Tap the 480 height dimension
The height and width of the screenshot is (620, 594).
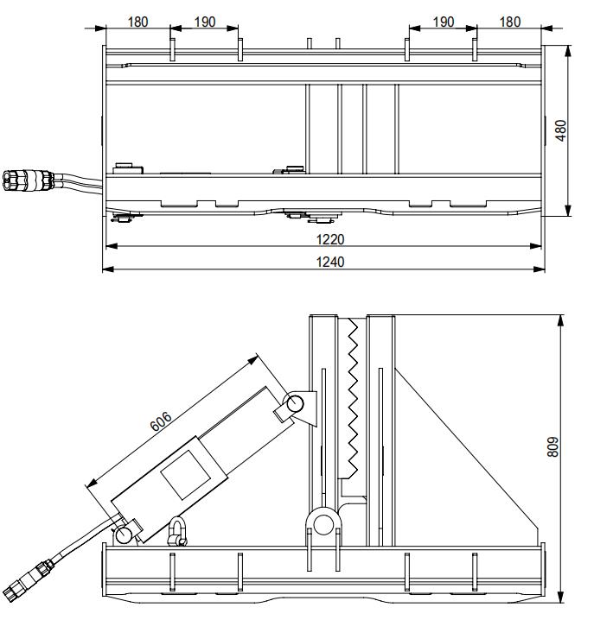tap(561, 130)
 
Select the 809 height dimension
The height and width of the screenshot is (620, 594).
tap(554, 446)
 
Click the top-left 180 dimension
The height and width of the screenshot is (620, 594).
tap(137, 22)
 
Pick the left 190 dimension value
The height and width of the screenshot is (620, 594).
tap(205, 22)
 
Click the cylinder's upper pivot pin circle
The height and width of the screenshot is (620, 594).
tap(295, 403)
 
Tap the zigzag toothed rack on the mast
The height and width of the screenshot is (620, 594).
tap(353, 397)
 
